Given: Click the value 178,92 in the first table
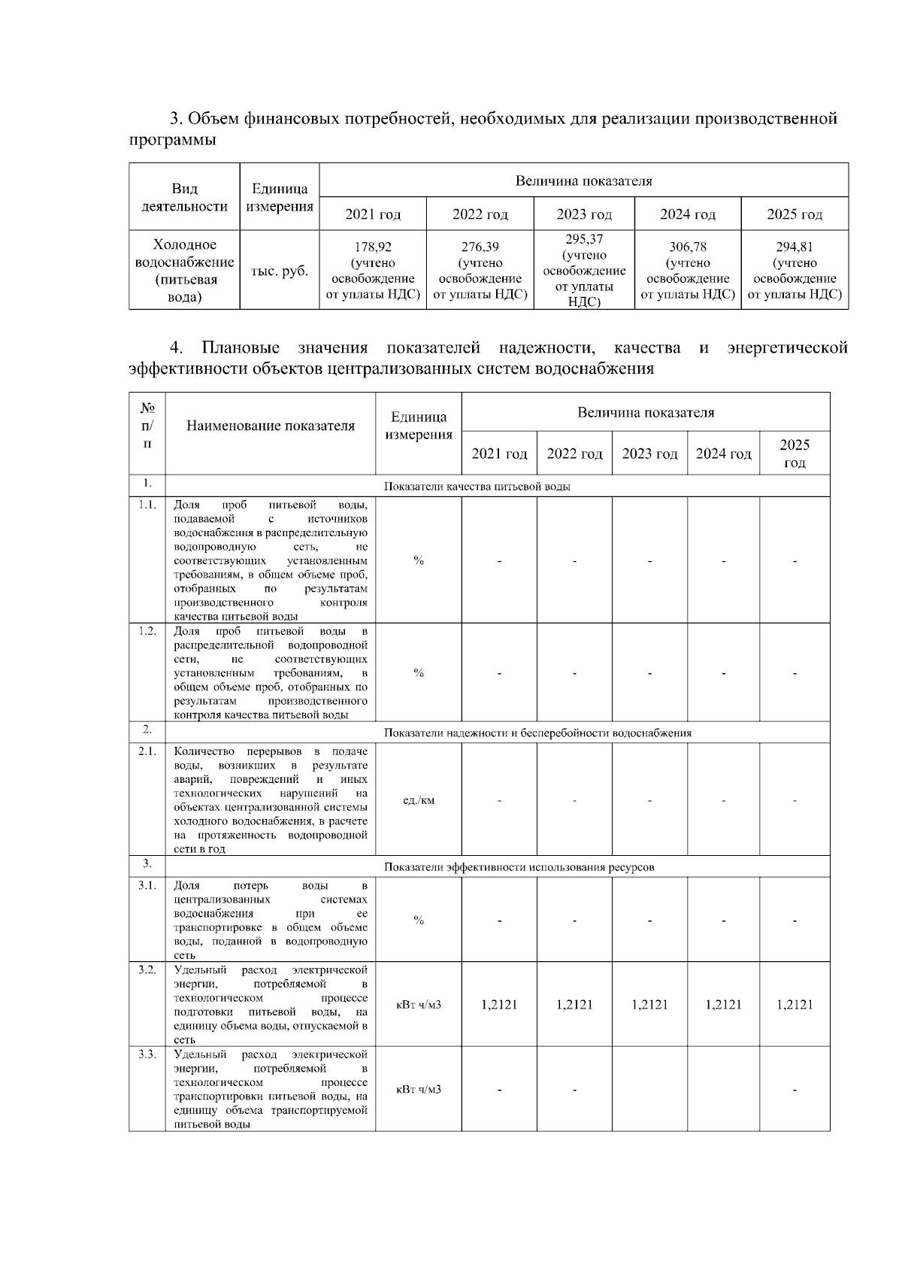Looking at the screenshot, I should click(373, 247).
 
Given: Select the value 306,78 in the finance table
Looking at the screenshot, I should click(687, 247).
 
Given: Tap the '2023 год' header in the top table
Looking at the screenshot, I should click(584, 214).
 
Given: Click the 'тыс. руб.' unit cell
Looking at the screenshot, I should click(279, 271).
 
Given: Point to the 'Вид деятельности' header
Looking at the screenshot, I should click(184, 197).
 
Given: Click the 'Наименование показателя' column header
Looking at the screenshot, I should click(270, 426).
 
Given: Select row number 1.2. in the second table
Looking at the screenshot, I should click(147, 632).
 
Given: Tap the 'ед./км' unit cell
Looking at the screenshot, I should click(419, 799).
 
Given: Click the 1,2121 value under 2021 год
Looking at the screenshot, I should click(499, 1005).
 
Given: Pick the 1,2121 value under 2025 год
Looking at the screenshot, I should click(795, 1005).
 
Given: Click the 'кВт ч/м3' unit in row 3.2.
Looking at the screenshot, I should click(419, 1005).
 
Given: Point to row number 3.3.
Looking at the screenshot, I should click(147, 1054).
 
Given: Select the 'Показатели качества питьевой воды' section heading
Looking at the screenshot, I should click(477, 487).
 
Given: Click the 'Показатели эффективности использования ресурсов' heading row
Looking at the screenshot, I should click(519, 867).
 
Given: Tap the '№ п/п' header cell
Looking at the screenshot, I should click(147, 426).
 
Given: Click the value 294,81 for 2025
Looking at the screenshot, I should click(795, 247).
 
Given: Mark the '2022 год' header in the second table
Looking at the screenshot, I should click(574, 454).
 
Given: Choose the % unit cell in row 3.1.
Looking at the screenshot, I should click(419, 920).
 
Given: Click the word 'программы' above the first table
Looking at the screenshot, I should click(173, 141).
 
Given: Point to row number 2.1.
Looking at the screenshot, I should click(147, 751).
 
